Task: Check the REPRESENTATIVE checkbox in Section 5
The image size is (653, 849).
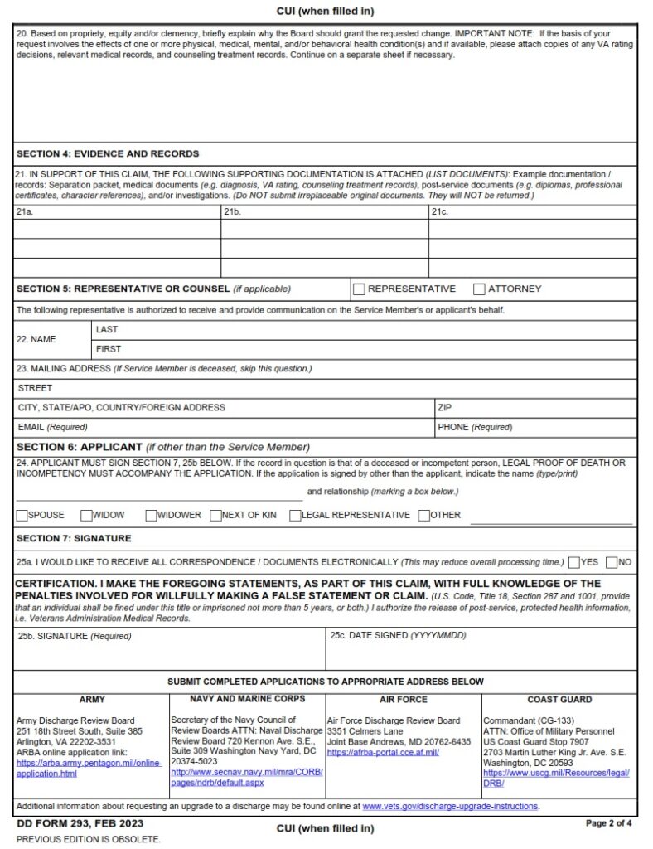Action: [359, 289]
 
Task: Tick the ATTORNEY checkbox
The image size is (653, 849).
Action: [479, 289]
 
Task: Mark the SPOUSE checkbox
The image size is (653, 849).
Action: [22, 515]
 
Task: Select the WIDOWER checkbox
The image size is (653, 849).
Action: [151, 515]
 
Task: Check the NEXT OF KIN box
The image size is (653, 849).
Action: [215, 515]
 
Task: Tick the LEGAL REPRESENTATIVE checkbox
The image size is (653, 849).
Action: [295, 515]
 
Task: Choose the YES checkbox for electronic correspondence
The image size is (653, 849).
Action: [574, 562]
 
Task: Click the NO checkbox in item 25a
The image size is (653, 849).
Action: [612, 562]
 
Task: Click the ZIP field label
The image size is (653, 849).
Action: [444, 408]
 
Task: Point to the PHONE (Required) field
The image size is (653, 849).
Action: [534, 428]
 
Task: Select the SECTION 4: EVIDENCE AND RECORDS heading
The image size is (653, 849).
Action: [108, 154]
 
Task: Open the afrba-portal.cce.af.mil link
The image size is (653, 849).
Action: [383, 752]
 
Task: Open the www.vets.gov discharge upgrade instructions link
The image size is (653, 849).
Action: [450, 806]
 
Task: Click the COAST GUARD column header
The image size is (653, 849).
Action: [559, 700]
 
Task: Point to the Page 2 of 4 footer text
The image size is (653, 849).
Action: [609, 823]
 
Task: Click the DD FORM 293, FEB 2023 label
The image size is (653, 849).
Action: [80, 823]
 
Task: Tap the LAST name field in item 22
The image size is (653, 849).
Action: [365, 330]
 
